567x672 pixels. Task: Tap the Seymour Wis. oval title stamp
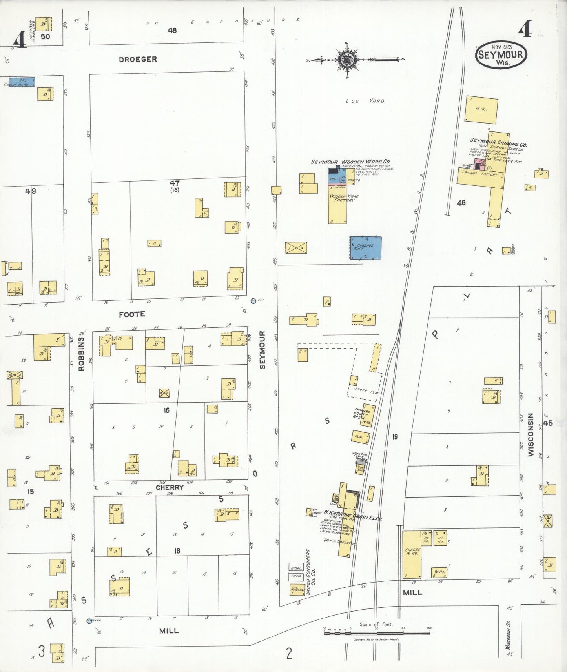501,54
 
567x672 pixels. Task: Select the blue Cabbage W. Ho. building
365,247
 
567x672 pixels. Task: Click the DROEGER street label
138,59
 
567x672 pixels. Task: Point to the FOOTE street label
132,314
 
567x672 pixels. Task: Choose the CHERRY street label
170,487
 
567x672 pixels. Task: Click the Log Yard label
365,101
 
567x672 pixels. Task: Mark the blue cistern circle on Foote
253,301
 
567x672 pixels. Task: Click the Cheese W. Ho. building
412,554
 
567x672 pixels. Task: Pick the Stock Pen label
366,390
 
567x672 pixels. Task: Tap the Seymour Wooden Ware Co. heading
350,162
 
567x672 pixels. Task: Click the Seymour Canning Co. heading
498,142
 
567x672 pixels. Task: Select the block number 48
172,30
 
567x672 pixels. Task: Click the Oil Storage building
297,589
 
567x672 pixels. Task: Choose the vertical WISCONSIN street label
531,434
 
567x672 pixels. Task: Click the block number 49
31,191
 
